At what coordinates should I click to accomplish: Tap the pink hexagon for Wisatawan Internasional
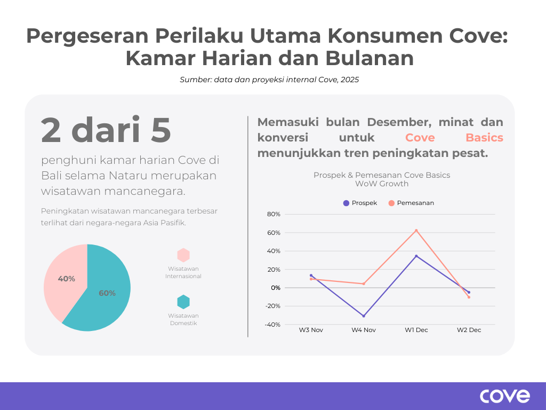pyautogui.click(x=183, y=255)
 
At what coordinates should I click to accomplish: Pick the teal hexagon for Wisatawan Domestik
pyautogui.click(x=183, y=302)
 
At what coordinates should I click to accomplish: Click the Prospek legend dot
pyautogui.click(x=346, y=203)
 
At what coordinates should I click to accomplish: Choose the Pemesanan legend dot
pyautogui.click(x=391, y=203)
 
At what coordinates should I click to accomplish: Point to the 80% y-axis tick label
pyautogui.click(x=274, y=214)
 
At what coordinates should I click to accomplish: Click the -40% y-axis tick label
pyautogui.click(x=272, y=325)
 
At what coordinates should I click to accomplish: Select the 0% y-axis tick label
pyautogui.click(x=276, y=288)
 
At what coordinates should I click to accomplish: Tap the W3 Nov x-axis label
pyautogui.click(x=311, y=330)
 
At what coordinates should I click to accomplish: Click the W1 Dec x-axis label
pyautogui.click(x=416, y=330)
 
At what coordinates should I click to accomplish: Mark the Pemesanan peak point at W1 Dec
pyautogui.click(x=416, y=231)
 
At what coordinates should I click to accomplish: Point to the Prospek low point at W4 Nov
pyautogui.click(x=364, y=316)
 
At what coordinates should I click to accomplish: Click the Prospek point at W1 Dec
pyautogui.click(x=416, y=256)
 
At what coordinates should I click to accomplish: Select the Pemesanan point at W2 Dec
pyautogui.click(x=469, y=297)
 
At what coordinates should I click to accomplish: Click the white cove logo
pyautogui.click(x=505, y=396)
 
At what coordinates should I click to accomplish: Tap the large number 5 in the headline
pyautogui.click(x=160, y=130)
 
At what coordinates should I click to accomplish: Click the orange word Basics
pyautogui.click(x=484, y=138)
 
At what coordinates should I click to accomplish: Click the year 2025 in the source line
pyautogui.click(x=350, y=80)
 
